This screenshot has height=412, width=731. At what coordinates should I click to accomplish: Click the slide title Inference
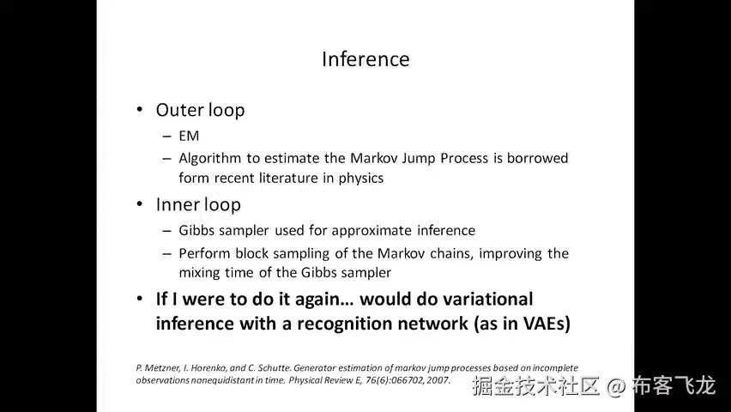click(x=365, y=59)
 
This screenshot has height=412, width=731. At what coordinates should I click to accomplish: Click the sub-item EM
click(x=189, y=136)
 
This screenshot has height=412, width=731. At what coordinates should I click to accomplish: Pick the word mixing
click(x=201, y=273)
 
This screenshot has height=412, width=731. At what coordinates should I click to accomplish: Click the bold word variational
click(x=490, y=300)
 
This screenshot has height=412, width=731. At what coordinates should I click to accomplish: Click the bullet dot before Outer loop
click(x=140, y=111)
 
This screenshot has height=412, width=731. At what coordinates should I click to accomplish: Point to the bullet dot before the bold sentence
click(x=140, y=300)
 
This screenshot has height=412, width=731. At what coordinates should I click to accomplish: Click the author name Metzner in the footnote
click(x=160, y=367)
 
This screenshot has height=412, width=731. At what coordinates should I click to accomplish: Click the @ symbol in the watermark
click(x=616, y=386)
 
